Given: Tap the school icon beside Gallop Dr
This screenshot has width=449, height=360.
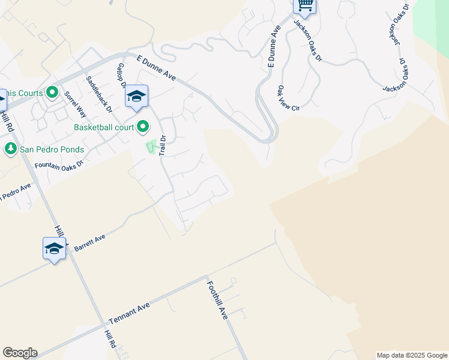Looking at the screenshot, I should pos(137,97).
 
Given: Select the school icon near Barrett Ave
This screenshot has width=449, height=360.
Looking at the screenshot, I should pos(54,248).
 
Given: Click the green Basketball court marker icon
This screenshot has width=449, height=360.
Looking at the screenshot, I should pos(143,127).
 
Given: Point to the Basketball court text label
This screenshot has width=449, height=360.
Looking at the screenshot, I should pos(103,127).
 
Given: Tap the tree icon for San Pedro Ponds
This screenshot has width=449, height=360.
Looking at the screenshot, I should pos(10,148).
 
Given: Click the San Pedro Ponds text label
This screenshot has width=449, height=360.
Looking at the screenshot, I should pos(52,149).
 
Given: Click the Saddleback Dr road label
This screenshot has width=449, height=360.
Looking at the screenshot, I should pos(100,94).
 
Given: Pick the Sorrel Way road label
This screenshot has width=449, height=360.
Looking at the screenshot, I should pos(76,103).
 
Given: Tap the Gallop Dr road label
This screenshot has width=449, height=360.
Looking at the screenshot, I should pos(121,76).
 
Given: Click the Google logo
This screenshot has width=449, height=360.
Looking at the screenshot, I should pos(20,353).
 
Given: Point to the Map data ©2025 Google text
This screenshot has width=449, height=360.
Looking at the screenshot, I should pos(412,355).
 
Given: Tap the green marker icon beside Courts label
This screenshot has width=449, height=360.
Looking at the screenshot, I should pos(52,93).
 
